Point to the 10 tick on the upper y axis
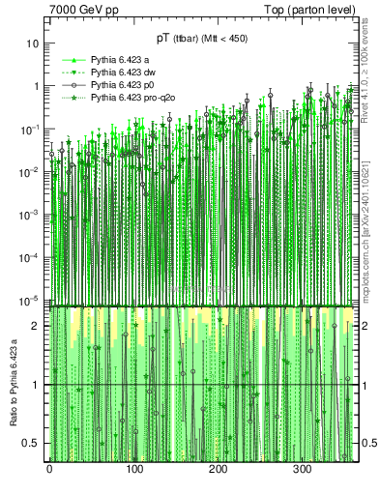tap(33, 44)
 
